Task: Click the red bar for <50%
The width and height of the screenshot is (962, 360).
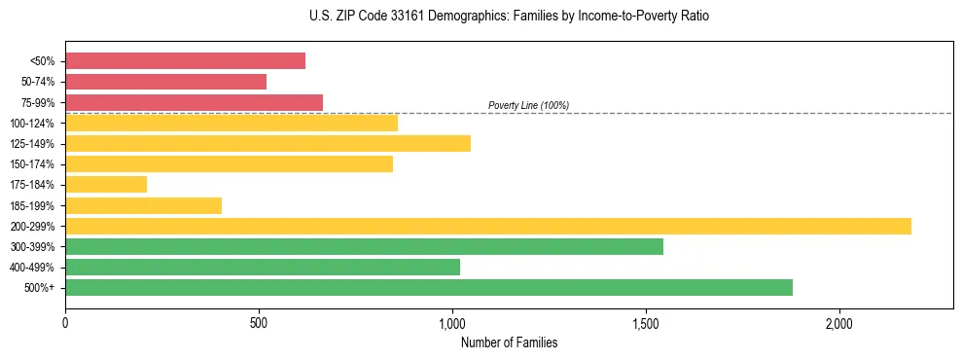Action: (x=185, y=61)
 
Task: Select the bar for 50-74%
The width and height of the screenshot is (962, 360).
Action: (x=165, y=82)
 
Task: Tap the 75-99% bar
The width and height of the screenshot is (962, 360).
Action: (x=194, y=102)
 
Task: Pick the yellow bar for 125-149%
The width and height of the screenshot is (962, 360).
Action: (x=267, y=143)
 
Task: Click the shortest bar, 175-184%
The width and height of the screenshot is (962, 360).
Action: (x=106, y=184)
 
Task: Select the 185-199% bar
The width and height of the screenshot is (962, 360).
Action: (x=143, y=205)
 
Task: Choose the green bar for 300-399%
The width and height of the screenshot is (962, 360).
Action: (x=364, y=246)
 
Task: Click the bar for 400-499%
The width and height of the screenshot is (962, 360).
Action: (x=263, y=267)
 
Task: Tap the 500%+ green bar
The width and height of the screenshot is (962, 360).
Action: (x=429, y=287)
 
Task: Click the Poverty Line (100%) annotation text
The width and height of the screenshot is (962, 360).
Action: (x=528, y=105)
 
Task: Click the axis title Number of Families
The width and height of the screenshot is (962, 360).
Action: (x=509, y=342)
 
